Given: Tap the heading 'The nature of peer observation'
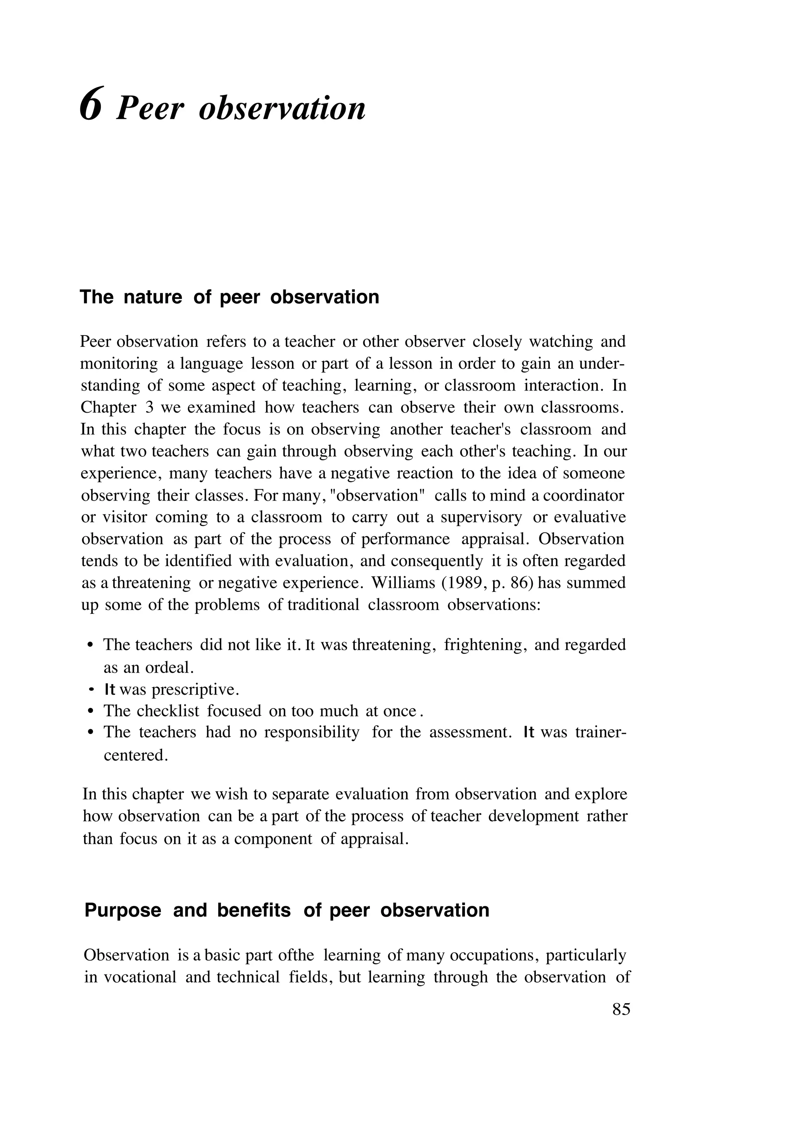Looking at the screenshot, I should [229, 297].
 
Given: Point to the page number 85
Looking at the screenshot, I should [621, 1009].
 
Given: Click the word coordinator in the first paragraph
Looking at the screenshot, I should [584, 496].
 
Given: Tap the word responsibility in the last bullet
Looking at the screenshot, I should [312, 733].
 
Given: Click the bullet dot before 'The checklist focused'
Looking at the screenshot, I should [90, 711].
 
